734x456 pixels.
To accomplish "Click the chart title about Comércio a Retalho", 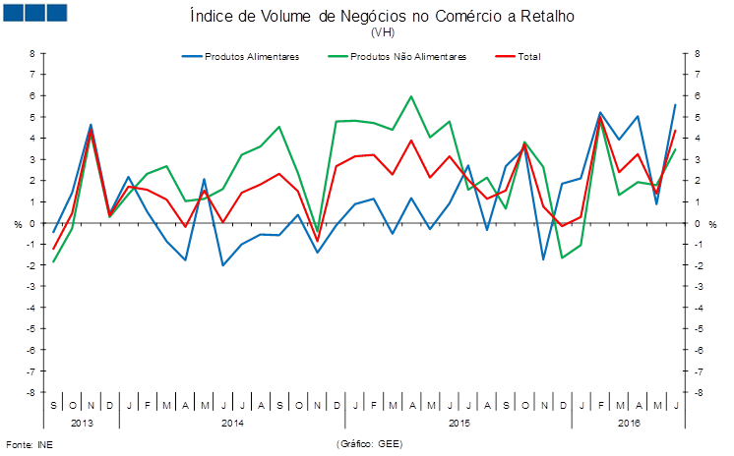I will pos(382,17).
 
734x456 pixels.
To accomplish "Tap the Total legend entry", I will pos(526,56).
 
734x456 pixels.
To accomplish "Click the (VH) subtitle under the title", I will pos(382,32).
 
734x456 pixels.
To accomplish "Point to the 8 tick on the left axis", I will pos(31,53).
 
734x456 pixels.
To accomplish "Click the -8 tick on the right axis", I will pos(697,392).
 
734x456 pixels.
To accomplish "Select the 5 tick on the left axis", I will pos(31,117).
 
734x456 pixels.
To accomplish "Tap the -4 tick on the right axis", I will pos(697,308).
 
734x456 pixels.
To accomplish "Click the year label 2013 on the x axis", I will pos(82,423).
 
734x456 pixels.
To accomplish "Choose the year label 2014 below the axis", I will pos(233,423).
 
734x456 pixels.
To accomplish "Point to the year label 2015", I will pos(459,423).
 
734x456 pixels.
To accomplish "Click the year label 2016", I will pos(629,423).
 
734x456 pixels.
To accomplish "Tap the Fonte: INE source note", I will pos(30,444).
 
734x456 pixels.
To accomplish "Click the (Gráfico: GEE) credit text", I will pos(369,444).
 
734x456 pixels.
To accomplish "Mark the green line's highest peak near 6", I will pos(411,96).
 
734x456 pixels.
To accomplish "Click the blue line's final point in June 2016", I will pos(675,104).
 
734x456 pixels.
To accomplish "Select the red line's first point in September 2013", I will pos(53,249).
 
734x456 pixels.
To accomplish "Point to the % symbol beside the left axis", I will pos(17,224).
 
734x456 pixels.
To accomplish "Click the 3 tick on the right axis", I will pos(697,159).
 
